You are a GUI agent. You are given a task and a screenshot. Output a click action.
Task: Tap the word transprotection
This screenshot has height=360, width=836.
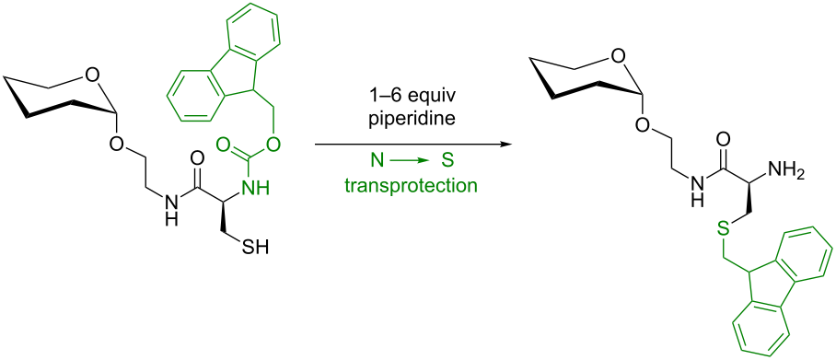[x=411, y=185]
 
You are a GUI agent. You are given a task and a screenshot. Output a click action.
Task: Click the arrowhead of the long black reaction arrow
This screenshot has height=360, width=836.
[x=505, y=145]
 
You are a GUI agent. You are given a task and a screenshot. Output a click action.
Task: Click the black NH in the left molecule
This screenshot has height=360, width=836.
[x=168, y=215]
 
